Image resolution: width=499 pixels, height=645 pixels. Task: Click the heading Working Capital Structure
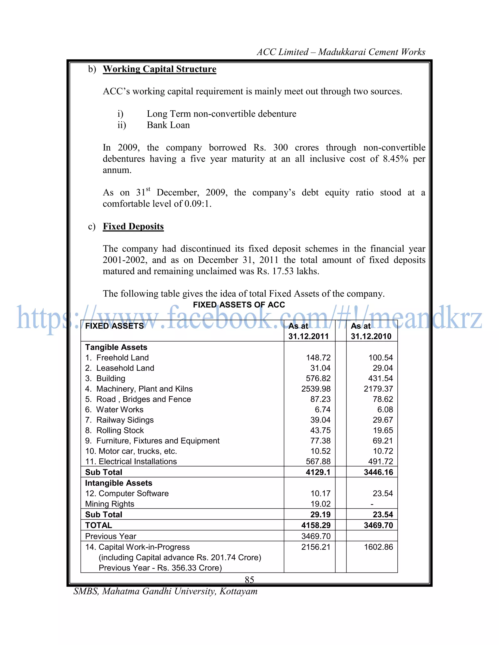click(x=159, y=69)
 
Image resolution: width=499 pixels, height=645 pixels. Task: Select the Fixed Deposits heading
click(x=133, y=227)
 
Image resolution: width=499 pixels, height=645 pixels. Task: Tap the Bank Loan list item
click(x=168, y=125)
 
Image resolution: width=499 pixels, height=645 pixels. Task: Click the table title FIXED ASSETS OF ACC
click(x=239, y=305)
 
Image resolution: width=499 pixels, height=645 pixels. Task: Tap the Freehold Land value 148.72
click(x=318, y=358)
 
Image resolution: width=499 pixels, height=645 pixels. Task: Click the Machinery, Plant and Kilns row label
click(x=144, y=389)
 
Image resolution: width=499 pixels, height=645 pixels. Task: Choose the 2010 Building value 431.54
click(x=380, y=379)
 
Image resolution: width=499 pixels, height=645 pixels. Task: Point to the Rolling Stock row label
click(x=120, y=430)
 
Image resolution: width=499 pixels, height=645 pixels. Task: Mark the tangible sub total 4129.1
click(x=318, y=472)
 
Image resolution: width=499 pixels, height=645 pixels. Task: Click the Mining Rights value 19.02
click(x=320, y=504)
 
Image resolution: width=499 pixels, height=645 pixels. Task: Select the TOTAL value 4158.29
click(x=316, y=525)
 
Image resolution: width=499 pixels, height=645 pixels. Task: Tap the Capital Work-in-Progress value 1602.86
click(x=378, y=547)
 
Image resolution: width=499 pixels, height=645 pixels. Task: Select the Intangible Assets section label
click(x=119, y=483)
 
